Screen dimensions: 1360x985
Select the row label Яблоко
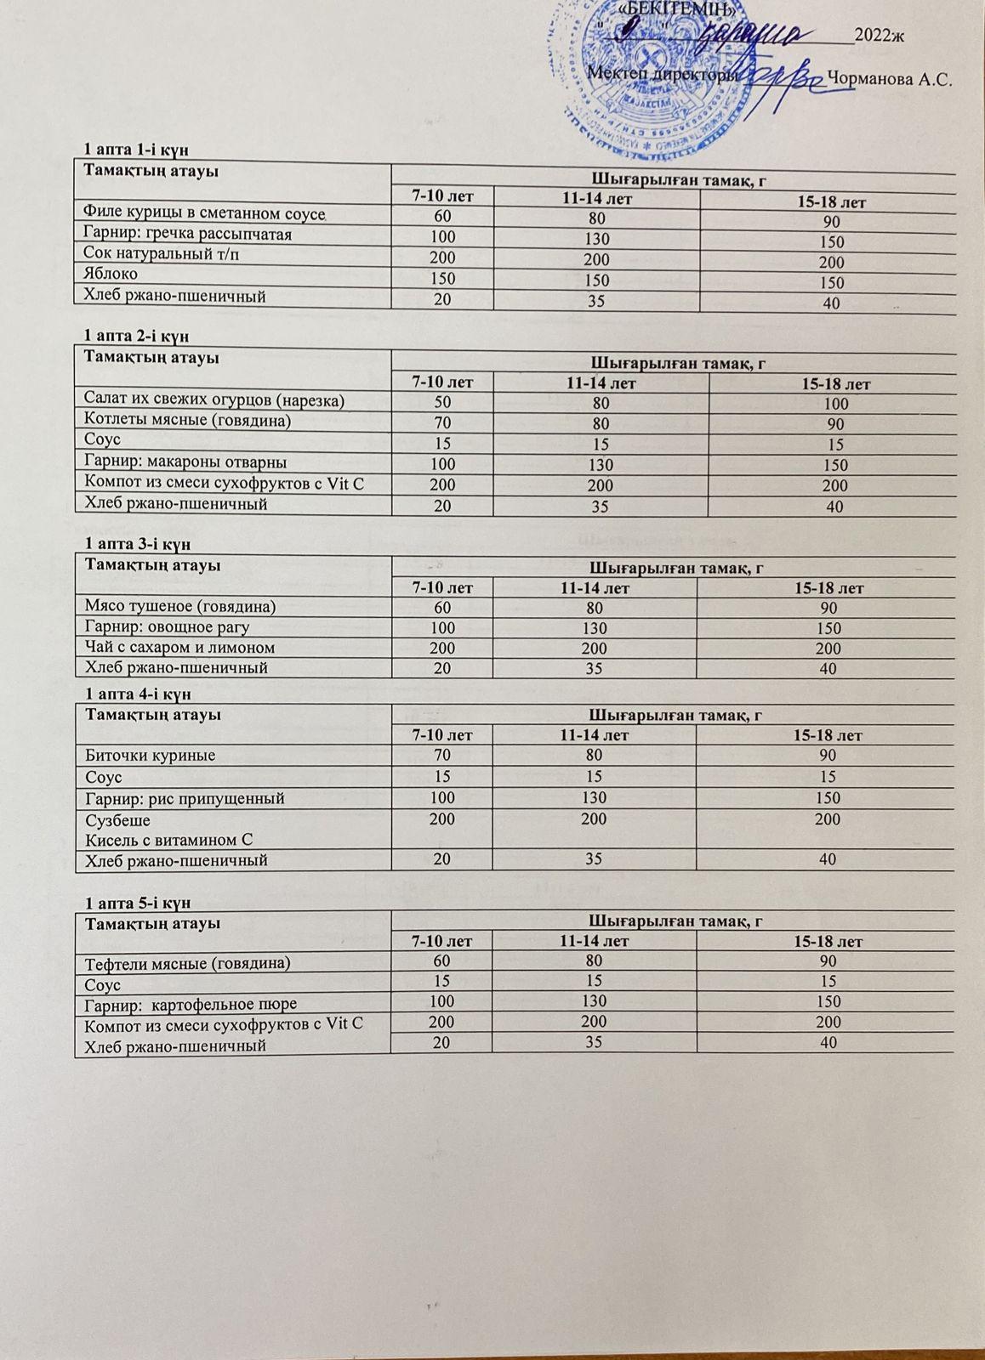(111, 275)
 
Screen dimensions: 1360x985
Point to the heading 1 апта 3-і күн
(136, 543)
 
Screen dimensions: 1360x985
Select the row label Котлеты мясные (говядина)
(187, 420)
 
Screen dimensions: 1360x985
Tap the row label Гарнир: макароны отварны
(185, 462)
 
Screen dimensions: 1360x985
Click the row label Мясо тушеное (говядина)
(180, 606)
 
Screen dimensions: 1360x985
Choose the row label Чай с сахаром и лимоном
(179, 648)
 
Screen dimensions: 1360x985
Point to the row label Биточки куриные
(150, 755)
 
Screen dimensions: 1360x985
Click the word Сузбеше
(117, 820)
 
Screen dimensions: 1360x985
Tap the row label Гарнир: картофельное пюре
(190, 1004)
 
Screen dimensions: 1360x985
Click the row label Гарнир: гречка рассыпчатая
(187, 234)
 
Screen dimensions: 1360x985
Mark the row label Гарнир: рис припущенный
(185, 798)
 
